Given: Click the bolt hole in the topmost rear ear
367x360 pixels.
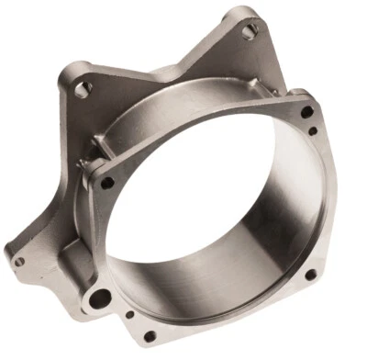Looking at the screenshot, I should click(250, 32).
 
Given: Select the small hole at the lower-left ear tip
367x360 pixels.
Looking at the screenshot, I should click(18, 262).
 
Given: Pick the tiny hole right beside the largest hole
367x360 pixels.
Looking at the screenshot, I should click(129, 315).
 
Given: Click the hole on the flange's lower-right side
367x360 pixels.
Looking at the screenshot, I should click(310, 274).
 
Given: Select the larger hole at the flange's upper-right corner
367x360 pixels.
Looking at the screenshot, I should click(306, 112).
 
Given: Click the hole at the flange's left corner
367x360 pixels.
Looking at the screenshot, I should click(107, 183).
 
